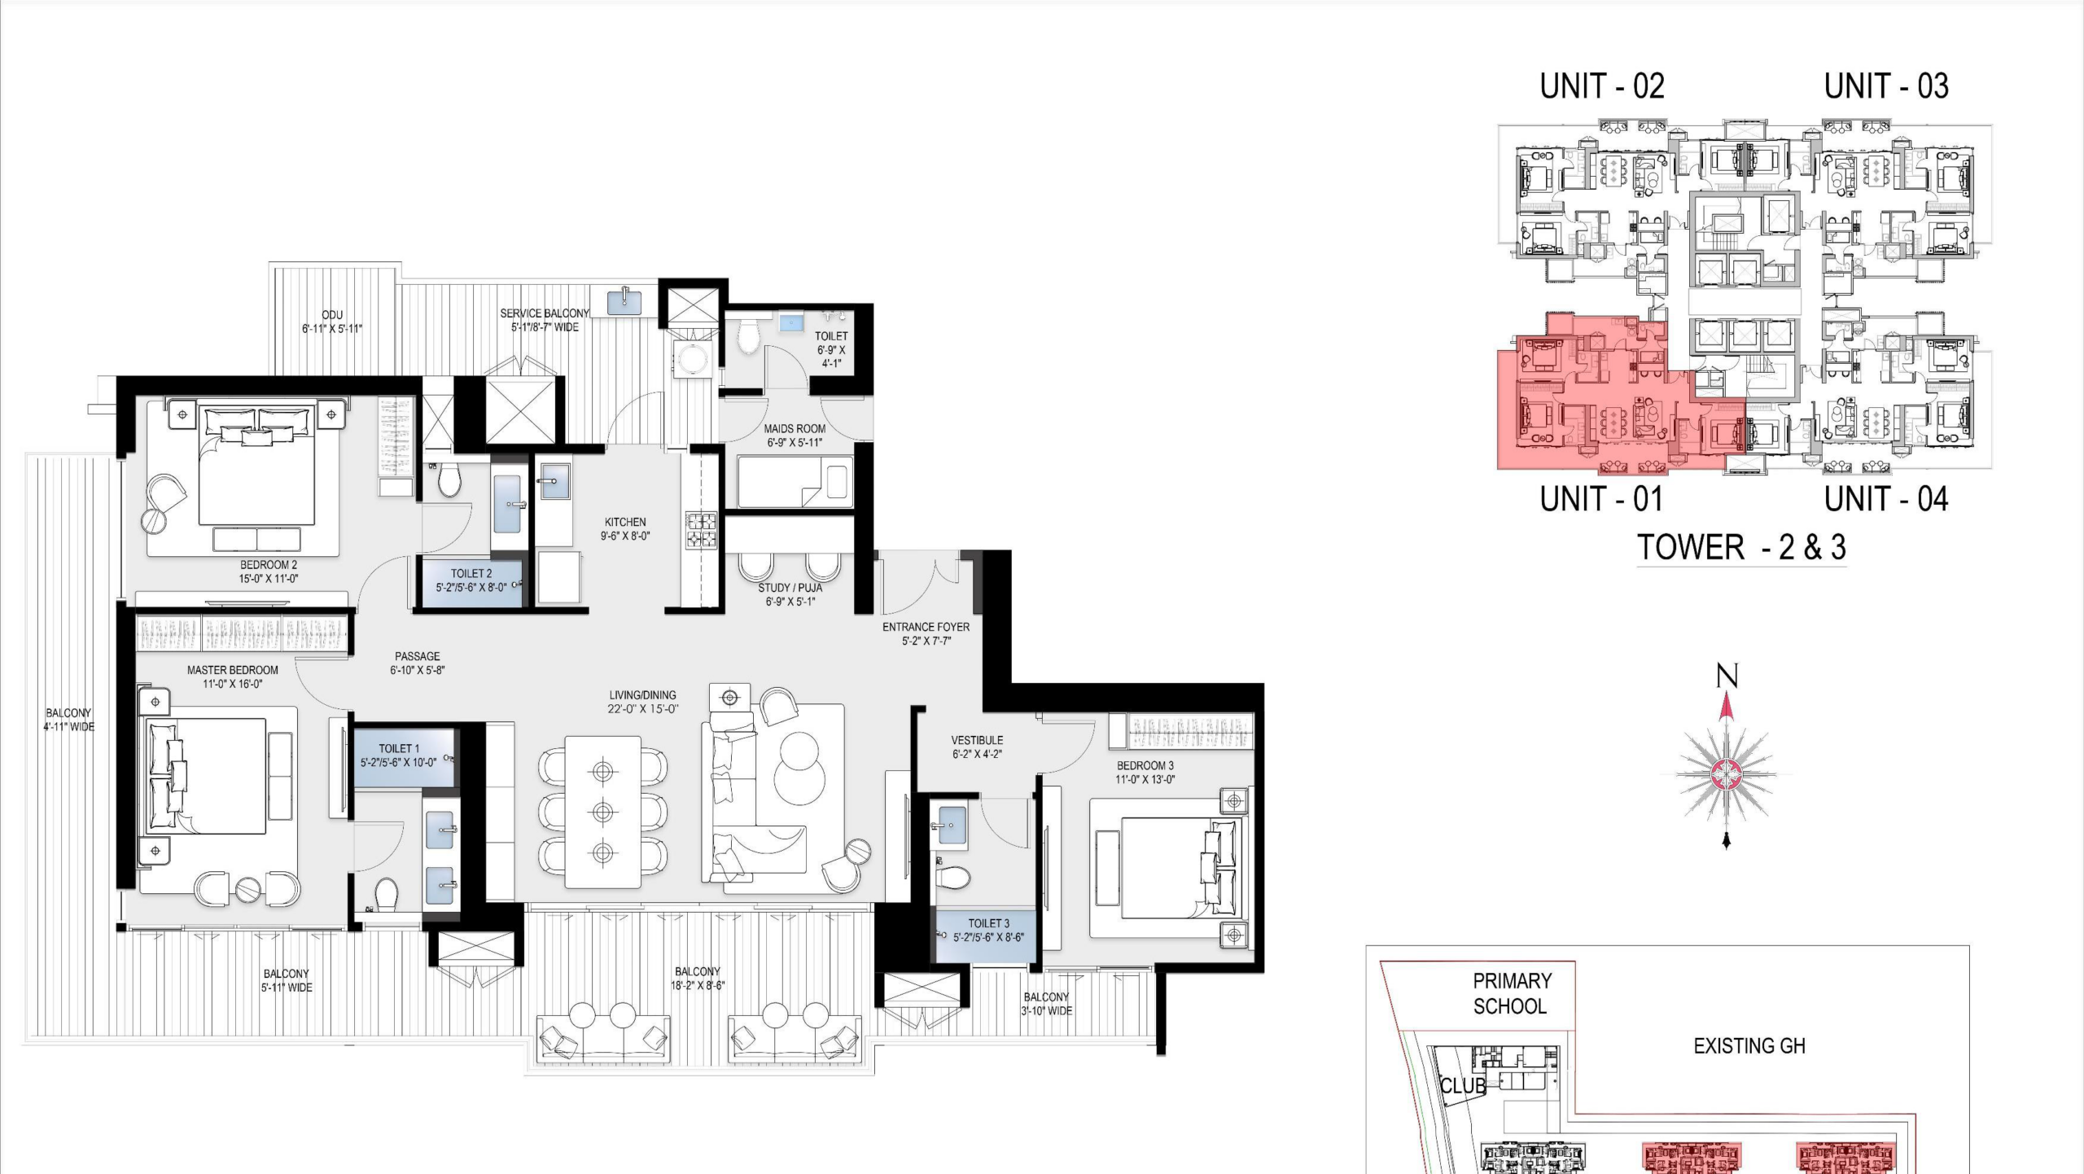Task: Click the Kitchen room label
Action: pyautogui.click(x=625, y=522)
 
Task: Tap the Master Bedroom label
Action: pyautogui.click(x=233, y=670)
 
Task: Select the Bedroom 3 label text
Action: pyautogui.click(x=1145, y=765)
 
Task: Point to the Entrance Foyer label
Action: pyautogui.click(x=926, y=627)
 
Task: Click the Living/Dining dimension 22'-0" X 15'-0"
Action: pyautogui.click(x=643, y=709)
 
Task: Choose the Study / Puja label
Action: pyautogui.click(x=790, y=588)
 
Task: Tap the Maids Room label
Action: pyautogui.click(x=795, y=428)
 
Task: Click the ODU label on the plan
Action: pyautogui.click(x=332, y=315)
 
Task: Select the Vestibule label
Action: pyautogui.click(x=977, y=740)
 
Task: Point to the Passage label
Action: pyautogui.click(x=418, y=656)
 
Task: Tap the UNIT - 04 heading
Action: pyautogui.click(x=1886, y=499)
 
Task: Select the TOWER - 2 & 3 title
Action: pyautogui.click(x=1741, y=547)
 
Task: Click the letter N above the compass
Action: pyautogui.click(x=1727, y=677)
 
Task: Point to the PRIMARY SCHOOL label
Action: pyautogui.click(x=1512, y=994)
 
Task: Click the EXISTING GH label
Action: pyautogui.click(x=1749, y=1046)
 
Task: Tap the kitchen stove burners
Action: pyautogui.click(x=701, y=529)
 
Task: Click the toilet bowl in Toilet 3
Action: pyautogui.click(x=952, y=878)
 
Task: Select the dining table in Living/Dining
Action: pyautogui.click(x=602, y=812)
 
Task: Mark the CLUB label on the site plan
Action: pyautogui.click(x=1463, y=1086)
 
